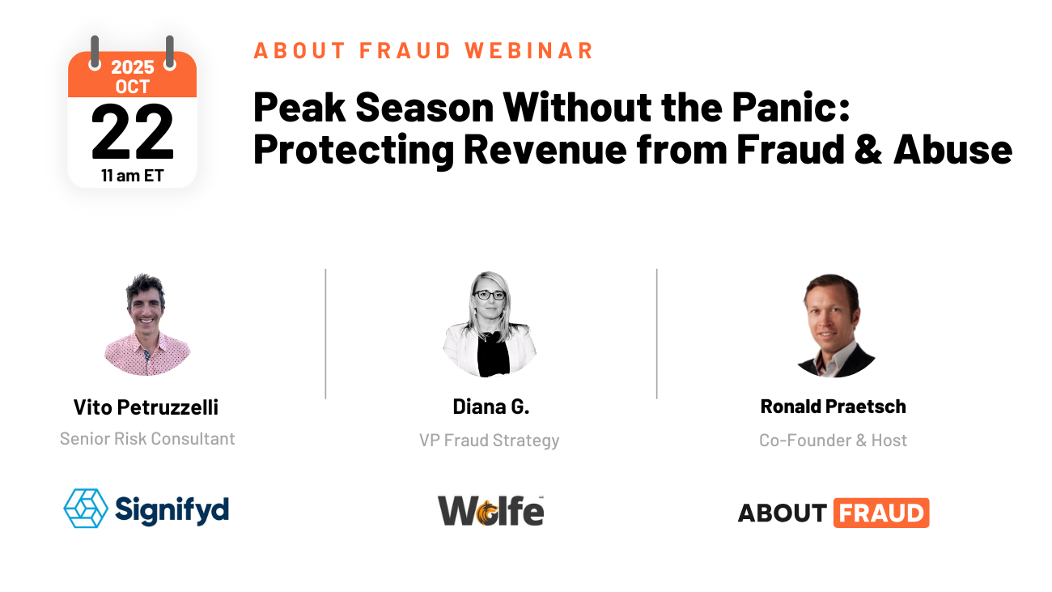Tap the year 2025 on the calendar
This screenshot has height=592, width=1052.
pyautogui.click(x=132, y=67)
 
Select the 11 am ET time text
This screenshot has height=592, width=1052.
pyautogui.click(x=132, y=175)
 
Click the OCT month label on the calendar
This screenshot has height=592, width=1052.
pyautogui.click(x=132, y=87)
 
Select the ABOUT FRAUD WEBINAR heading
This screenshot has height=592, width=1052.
pyautogui.click(x=424, y=50)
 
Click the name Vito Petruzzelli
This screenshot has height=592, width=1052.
pyautogui.click(x=146, y=407)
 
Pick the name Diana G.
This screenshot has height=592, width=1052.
pyautogui.click(x=490, y=407)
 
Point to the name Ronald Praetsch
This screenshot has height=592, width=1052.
pyautogui.click(x=833, y=407)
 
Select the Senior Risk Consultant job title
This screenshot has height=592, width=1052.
pyautogui.click(x=147, y=439)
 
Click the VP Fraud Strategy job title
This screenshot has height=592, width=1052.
pyautogui.click(x=490, y=441)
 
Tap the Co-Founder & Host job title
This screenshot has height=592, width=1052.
pyautogui.click(x=833, y=441)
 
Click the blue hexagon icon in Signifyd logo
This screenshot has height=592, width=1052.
pyautogui.click(x=86, y=509)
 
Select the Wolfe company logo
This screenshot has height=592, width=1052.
pyautogui.click(x=490, y=510)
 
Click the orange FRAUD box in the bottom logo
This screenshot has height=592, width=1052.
pyautogui.click(x=880, y=513)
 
